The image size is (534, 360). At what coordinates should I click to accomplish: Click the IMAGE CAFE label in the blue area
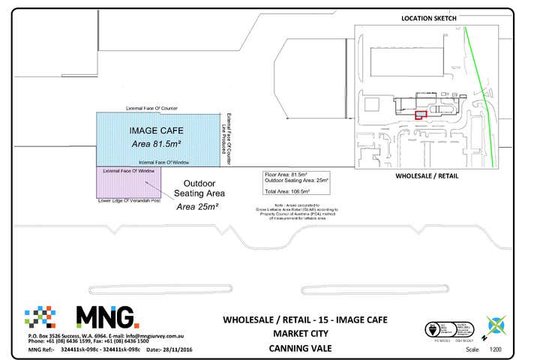[156, 130]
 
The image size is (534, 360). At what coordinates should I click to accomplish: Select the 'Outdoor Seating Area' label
[200, 188]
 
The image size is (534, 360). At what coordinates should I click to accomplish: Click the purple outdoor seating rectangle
[127, 186]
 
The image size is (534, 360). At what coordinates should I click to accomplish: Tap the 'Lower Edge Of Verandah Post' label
[129, 201]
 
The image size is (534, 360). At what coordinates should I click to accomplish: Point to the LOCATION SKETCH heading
[429, 18]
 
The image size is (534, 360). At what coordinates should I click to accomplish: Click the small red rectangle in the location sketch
[421, 115]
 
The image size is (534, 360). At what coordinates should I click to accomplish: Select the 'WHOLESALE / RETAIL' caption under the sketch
[427, 176]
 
